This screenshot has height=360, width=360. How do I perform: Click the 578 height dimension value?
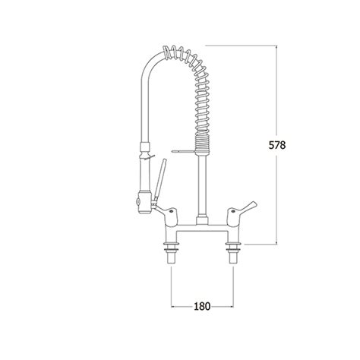click(277, 145)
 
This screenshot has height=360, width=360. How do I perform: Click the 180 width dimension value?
click(202, 306)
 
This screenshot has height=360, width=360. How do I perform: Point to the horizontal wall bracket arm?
click(184, 151)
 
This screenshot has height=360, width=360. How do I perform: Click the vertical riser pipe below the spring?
click(202, 185)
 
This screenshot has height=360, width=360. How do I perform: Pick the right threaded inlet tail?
click(233, 258)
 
